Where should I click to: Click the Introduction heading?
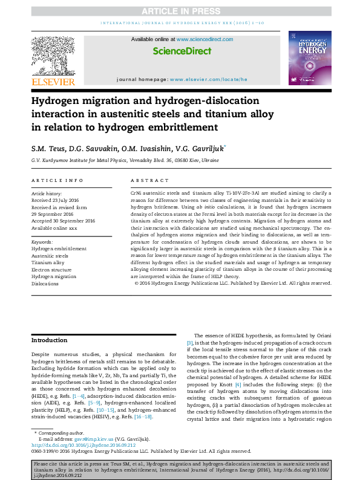tap(50, 340)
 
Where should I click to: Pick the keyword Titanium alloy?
tap(48, 263)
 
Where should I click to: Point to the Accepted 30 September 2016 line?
tap(64, 221)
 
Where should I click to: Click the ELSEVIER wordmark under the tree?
tap(53, 82)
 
